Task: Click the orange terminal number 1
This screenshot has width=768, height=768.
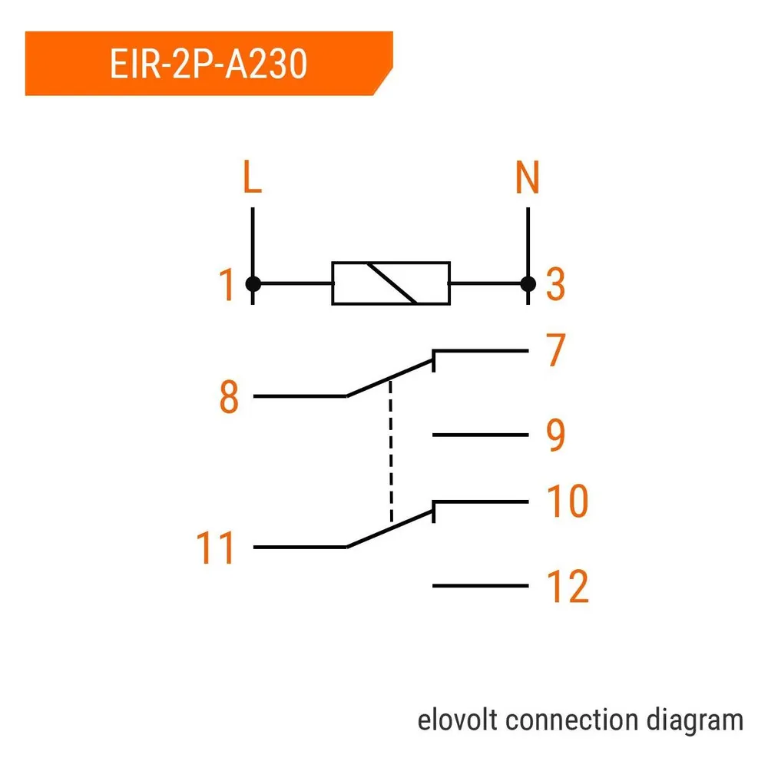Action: [227, 284]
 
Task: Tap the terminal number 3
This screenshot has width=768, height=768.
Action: [555, 284]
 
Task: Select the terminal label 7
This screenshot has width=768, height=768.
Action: [556, 349]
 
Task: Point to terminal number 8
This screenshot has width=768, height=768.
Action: [229, 397]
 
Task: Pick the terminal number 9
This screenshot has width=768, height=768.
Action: [555, 435]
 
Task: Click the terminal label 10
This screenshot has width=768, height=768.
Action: [568, 501]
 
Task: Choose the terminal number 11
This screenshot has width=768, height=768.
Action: [215, 548]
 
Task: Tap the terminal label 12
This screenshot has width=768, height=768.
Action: [568, 586]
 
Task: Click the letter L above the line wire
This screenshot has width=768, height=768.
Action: [252, 177]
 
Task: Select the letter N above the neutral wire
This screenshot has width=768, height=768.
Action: [528, 177]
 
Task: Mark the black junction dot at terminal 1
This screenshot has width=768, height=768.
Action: [253, 283]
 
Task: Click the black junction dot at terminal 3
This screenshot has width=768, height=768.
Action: [528, 283]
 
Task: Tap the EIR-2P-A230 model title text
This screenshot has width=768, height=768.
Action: [209, 64]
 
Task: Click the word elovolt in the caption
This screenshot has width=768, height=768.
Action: [458, 720]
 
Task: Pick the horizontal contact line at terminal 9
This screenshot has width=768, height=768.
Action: [481, 435]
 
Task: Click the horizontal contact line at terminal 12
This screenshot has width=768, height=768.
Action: [481, 585]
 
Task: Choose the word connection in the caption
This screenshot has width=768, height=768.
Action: [572, 720]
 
